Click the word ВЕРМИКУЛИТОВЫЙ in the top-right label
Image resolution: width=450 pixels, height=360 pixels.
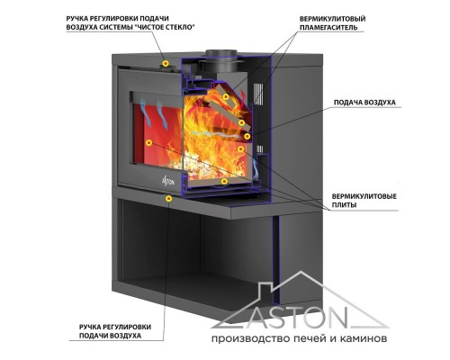point(332,19)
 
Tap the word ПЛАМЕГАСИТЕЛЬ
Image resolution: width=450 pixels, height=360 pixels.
point(328,27)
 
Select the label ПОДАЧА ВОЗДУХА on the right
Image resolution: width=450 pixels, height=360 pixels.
point(364,103)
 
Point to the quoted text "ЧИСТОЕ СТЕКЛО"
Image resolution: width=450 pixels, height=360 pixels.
point(164,27)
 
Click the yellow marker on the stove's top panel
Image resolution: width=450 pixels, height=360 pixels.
point(166,63)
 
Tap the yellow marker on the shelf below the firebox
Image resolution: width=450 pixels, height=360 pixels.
point(169,198)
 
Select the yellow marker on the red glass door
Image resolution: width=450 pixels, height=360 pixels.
point(148,143)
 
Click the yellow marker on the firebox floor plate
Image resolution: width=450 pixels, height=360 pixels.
point(224,181)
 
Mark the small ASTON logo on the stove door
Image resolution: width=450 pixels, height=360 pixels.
point(168,181)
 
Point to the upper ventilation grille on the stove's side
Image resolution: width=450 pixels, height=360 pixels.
point(258,94)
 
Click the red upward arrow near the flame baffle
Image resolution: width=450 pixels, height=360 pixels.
point(243,97)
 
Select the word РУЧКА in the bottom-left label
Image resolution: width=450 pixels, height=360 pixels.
point(90,327)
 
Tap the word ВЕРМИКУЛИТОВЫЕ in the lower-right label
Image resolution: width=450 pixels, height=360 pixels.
point(364,197)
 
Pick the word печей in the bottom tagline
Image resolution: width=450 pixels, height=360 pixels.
point(305,338)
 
